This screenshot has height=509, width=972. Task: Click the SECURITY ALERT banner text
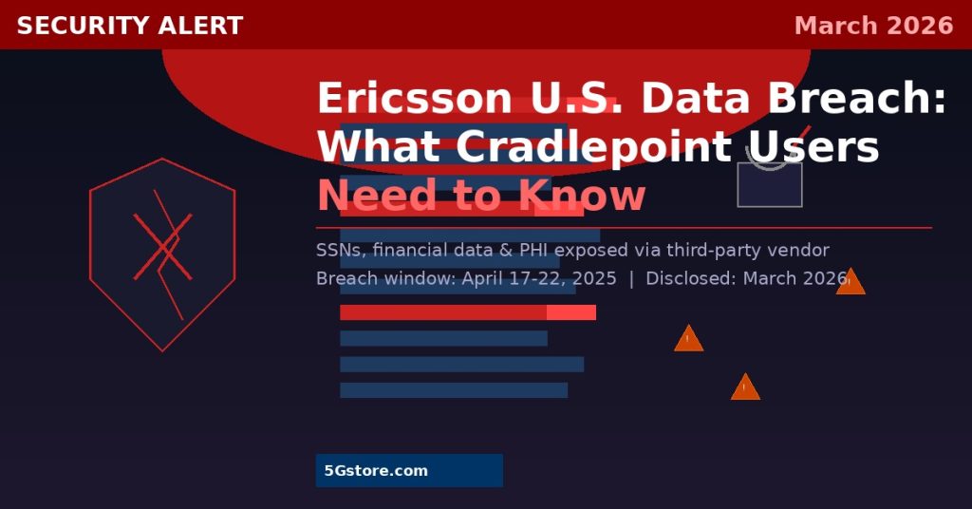pos(130,26)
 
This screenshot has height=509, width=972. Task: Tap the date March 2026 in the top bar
pos(873,26)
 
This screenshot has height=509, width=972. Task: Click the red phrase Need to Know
pos(480,197)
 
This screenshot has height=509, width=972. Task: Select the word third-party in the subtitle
pos(720,251)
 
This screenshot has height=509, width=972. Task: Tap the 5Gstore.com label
pos(376,471)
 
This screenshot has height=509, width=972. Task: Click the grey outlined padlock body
pos(770,184)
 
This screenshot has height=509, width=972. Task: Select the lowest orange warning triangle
pos(745,388)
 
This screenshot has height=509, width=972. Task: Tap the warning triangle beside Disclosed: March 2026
pos(850,283)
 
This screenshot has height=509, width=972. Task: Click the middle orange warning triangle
pos(688,340)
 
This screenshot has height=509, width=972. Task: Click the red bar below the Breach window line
pos(467,312)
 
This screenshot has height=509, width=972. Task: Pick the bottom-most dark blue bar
pos(453,390)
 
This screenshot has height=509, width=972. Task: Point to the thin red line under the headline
pos(624,228)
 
